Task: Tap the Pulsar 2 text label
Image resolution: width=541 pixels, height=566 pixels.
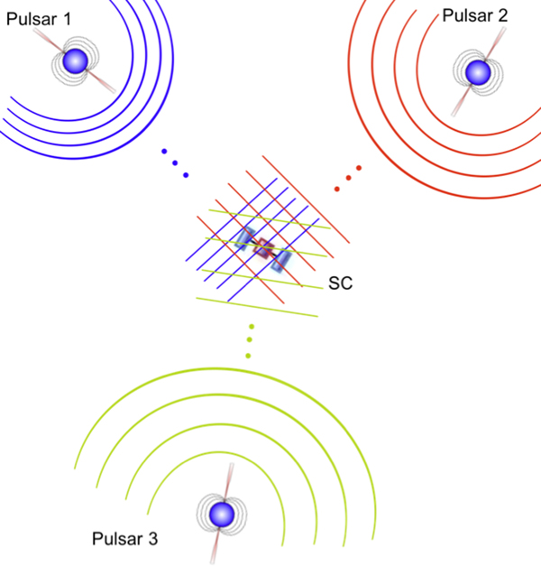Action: point(474,14)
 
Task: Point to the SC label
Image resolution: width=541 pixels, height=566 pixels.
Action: point(340,283)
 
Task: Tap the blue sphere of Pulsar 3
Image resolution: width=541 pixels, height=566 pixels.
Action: point(220,515)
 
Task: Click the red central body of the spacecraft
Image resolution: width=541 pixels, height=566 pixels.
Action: point(263,248)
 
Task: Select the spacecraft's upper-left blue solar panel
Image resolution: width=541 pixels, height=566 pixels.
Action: point(244,237)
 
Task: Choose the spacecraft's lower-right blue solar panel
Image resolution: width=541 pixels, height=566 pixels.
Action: point(283,259)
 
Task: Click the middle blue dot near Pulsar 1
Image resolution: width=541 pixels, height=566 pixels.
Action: point(175,162)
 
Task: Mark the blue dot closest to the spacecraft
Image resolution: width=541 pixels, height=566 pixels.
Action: point(186,173)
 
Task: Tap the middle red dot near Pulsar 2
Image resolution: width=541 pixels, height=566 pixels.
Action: point(348,178)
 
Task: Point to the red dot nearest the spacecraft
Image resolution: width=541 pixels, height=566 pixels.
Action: point(338,188)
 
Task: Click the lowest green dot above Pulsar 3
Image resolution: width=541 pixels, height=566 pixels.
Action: point(247,356)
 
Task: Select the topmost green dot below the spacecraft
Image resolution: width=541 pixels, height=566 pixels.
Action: point(252,327)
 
